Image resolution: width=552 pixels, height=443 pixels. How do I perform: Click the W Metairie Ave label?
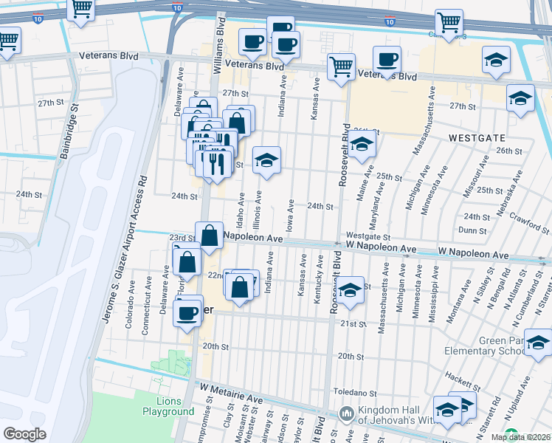[x=231, y=389]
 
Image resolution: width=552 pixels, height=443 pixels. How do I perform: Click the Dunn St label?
[x=472, y=230]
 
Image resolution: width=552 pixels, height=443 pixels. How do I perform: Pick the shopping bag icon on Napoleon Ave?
[x=210, y=236]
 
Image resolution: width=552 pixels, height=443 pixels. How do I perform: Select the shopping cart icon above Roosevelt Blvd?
[x=341, y=67]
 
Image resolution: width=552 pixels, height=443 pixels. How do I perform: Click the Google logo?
[x=24, y=434]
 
